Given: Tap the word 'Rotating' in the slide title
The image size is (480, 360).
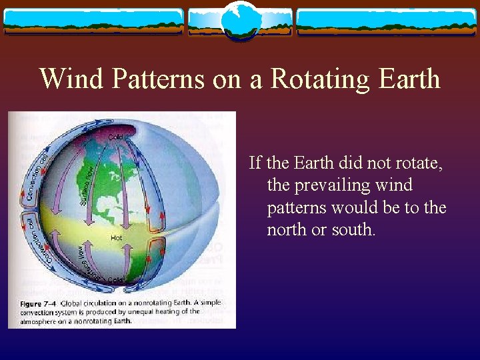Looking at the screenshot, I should point(316,79).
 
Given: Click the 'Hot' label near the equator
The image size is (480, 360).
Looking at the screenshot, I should point(116,237).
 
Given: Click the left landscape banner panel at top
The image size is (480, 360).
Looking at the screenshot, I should point(93,22).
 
